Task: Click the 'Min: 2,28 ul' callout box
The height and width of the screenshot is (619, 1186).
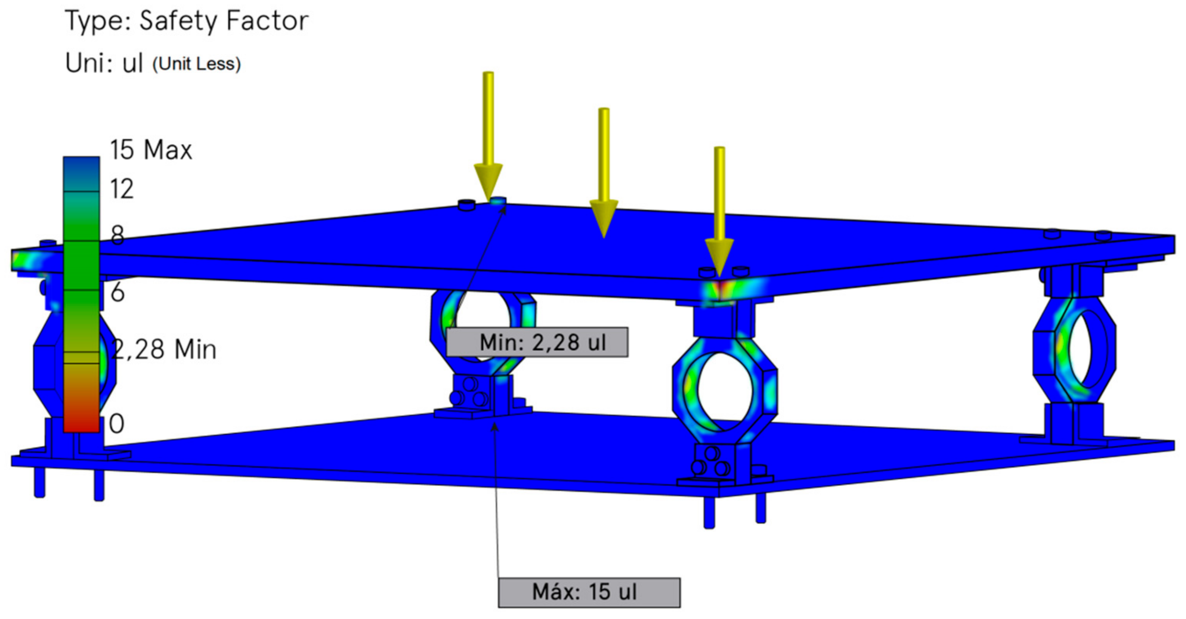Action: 537,342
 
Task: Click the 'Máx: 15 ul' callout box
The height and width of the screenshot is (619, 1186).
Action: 589,592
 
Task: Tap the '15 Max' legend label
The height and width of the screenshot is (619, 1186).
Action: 150,150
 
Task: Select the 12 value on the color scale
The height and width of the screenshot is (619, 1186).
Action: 121,189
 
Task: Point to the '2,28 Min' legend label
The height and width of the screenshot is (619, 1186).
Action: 164,349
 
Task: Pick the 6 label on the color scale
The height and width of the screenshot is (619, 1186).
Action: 118,292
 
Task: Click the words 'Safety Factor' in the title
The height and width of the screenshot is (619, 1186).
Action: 224,21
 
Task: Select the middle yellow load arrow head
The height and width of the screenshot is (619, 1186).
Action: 603,217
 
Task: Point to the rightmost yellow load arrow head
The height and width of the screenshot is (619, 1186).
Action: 719,256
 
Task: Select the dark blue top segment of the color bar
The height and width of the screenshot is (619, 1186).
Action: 81,173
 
